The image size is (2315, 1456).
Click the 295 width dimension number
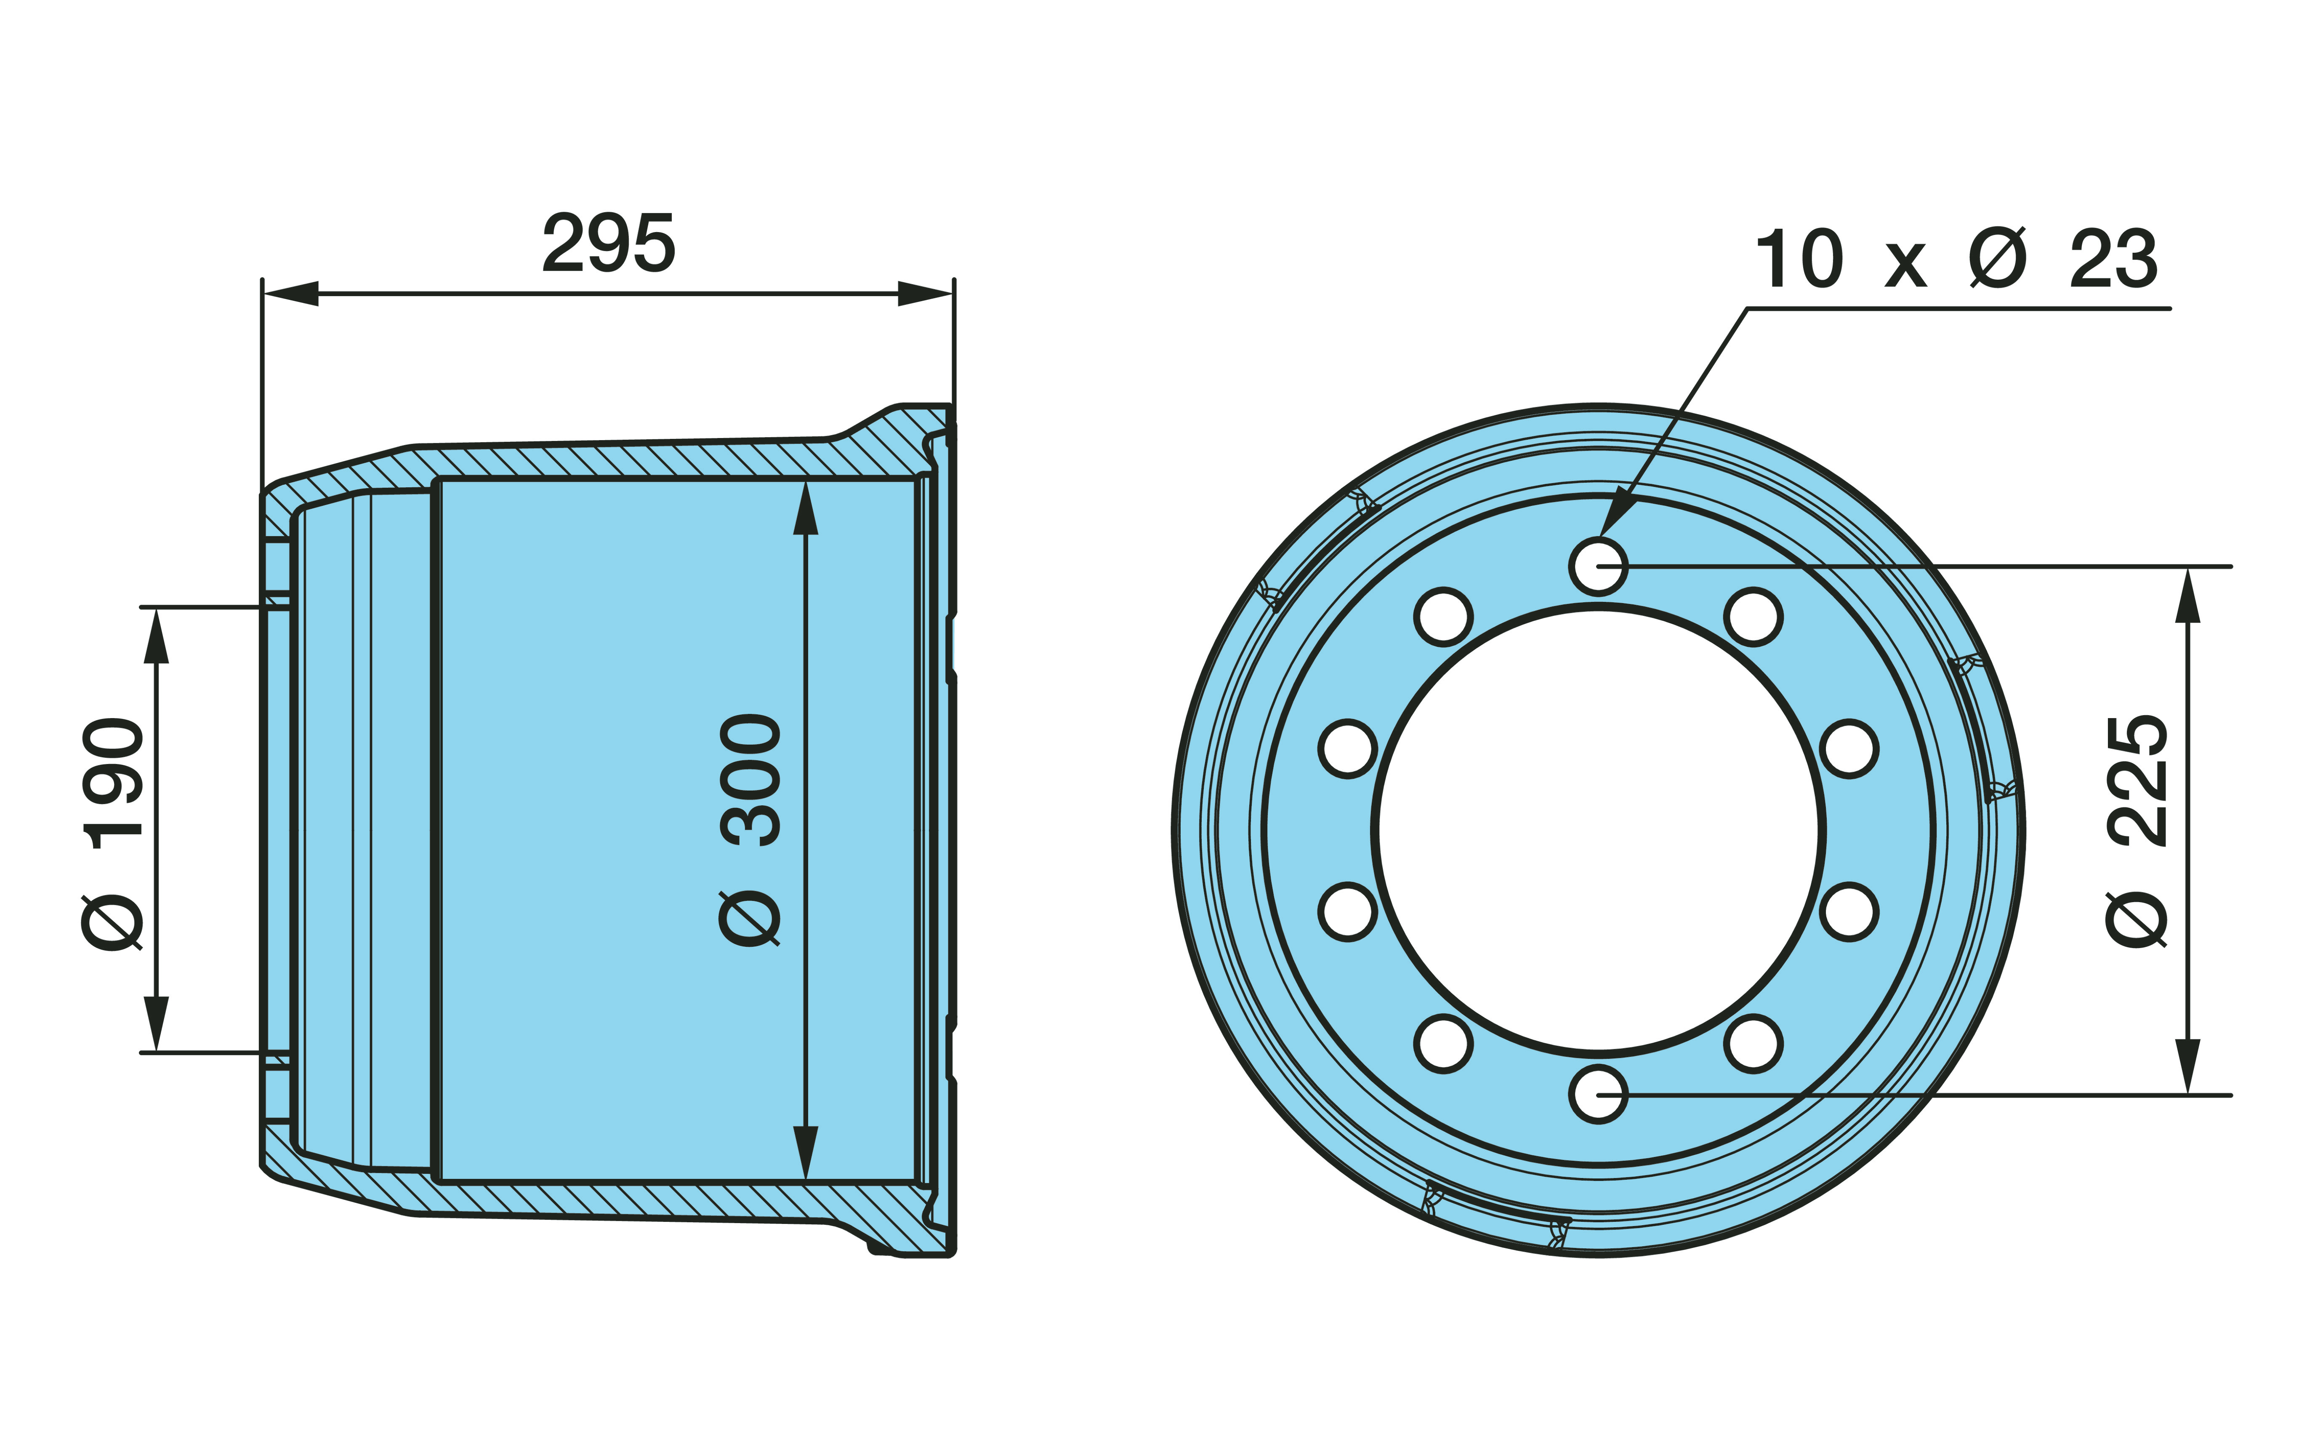609,243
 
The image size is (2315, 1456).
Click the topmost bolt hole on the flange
1598,566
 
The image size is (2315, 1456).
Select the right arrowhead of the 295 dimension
925,293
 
